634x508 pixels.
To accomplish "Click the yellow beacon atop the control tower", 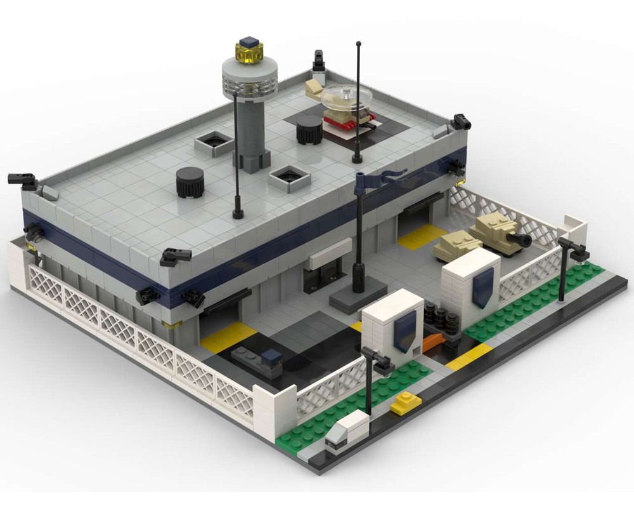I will (249, 51).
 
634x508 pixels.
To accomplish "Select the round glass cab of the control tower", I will (250, 77).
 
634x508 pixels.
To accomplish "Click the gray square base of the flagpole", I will (358, 295).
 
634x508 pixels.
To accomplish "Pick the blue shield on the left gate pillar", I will (404, 331).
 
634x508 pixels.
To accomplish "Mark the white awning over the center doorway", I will (330, 252).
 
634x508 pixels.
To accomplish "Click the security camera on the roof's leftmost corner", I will (23, 180).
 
